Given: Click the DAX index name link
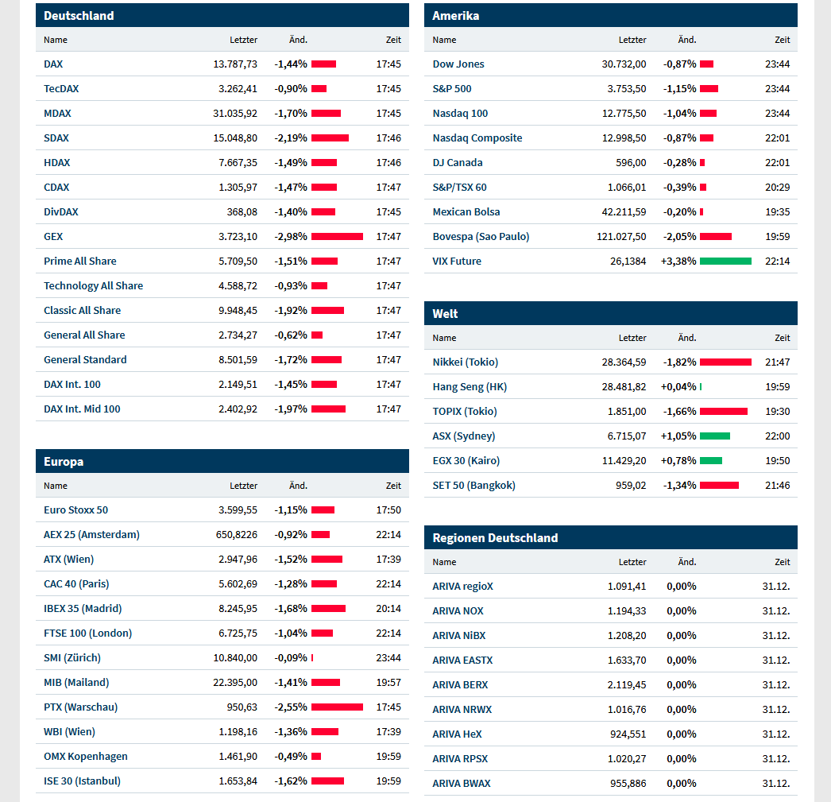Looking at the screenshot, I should [53, 64].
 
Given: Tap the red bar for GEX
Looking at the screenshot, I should [337, 236].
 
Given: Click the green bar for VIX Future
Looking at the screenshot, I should [725, 261].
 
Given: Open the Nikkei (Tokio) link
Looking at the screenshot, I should [465, 362].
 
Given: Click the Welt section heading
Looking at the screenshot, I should [445, 313].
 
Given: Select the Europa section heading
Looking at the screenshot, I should [64, 462].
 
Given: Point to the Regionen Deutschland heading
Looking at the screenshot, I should [495, 537].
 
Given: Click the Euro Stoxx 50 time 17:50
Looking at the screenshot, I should [388, 509].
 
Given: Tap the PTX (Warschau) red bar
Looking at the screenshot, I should [337, 707].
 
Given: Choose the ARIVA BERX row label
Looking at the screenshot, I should [460, 684].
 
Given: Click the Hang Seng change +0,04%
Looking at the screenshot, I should [678, 386].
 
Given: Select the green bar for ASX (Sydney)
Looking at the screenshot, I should [714, 436].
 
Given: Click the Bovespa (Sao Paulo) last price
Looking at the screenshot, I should [621, 236].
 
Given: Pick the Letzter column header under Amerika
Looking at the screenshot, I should [632, 40].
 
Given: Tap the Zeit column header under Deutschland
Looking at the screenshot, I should [393, 40].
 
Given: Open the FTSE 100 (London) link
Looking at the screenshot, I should [87, 633].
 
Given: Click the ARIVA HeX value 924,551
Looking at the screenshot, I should [627, 734].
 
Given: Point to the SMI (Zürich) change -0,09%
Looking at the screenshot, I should [291, 657].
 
